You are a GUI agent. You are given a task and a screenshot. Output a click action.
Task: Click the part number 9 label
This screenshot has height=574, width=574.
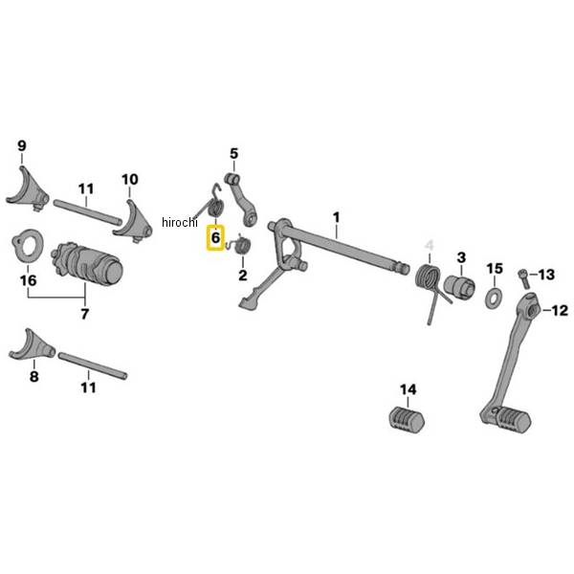pos(21,146)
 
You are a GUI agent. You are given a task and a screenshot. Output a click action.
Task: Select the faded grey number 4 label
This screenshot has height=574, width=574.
pos(429,245)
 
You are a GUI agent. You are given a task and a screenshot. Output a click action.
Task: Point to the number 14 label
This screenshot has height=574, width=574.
pos(408,389)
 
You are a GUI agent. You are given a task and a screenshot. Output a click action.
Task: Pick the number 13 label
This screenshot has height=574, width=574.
pos(545,275)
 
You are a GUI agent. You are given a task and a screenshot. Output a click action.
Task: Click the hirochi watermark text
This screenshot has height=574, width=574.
pos(179,223)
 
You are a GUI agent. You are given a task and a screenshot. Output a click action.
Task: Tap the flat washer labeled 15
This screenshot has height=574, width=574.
pos(495,298)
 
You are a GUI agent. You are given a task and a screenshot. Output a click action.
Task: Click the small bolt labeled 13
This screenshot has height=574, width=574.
pos(522,276)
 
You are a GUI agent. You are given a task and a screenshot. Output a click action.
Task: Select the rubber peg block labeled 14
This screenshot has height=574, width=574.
pos(405,418)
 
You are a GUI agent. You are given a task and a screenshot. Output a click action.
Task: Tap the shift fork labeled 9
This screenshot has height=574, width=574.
pos(26,189)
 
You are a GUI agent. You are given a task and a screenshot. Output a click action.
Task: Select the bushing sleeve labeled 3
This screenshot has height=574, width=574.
pos(460,286)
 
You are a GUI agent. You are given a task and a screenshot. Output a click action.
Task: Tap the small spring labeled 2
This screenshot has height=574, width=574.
pos(242,247)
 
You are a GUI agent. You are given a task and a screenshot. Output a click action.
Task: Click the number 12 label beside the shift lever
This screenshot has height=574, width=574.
pos(560,310)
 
